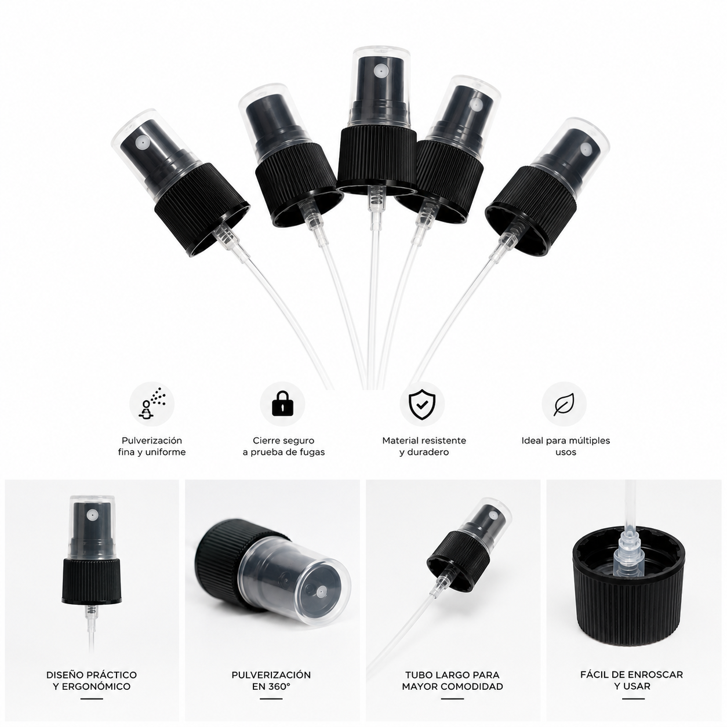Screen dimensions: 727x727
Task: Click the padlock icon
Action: click(x=282, y=404)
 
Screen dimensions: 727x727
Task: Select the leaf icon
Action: click(x=564, y=404)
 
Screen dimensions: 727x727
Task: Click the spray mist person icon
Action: click(x=152, y=403)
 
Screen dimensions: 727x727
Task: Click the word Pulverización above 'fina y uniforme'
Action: click(x=152, y=440)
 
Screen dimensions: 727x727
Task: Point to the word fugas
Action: click(x=311, y=452)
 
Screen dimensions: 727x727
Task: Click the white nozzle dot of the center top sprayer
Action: click(x=379, y=71)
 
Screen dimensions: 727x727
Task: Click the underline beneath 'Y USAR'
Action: click(x=633, y=699)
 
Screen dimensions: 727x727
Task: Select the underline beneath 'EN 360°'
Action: click(x=271, y=699)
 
